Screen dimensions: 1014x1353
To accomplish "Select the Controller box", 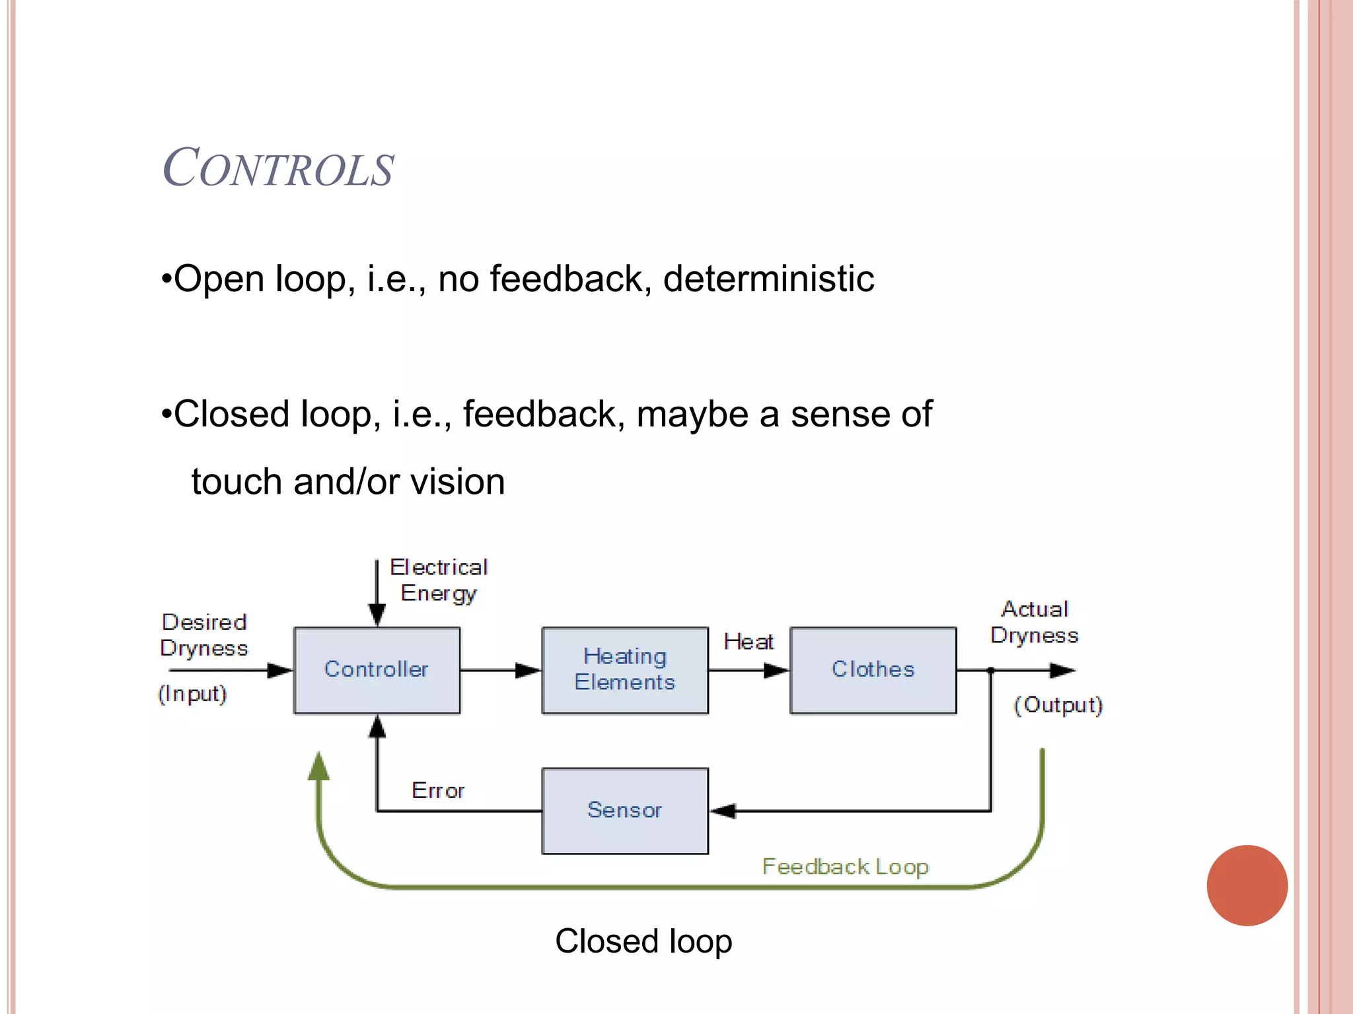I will click(377, 670).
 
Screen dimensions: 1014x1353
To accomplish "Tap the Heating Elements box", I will click(625, 670).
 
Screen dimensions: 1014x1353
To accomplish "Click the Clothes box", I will click(873, 670).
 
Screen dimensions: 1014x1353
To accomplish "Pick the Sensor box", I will click(625, 811).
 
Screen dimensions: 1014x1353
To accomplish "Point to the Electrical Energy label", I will click(439, 580).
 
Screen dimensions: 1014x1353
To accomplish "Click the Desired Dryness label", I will click(204, 635).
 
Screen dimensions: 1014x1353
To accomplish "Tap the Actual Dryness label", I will click(1035, 622).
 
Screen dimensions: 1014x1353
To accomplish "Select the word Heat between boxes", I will click(749, 642).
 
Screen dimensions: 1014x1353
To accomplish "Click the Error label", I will click(438, 790).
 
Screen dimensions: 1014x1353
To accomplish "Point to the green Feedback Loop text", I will click(845, 866).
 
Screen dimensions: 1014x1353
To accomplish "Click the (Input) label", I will click(192, 694).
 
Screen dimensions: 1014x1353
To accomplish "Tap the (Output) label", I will click(1058, 705).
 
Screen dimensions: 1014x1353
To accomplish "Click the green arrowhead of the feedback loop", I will click(319, 766).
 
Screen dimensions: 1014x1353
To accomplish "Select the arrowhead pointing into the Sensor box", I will click(723, 811).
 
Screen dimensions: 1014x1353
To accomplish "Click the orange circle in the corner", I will click(1247, 885).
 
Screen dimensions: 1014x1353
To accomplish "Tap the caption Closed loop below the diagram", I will click(643, 941).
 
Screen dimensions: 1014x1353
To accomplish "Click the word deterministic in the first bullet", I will click(768, 279).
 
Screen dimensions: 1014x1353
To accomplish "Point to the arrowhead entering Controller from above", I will click(377, 615).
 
